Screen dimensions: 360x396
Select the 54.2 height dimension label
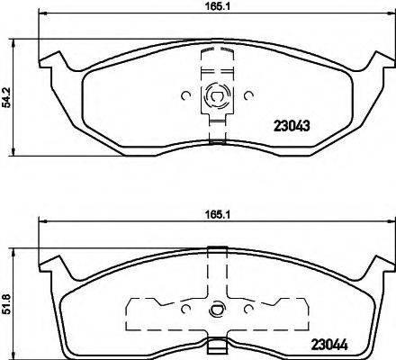click(6, 94)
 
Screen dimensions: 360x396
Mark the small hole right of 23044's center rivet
click(247, 310)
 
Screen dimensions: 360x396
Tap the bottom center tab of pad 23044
click(215, 346)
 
